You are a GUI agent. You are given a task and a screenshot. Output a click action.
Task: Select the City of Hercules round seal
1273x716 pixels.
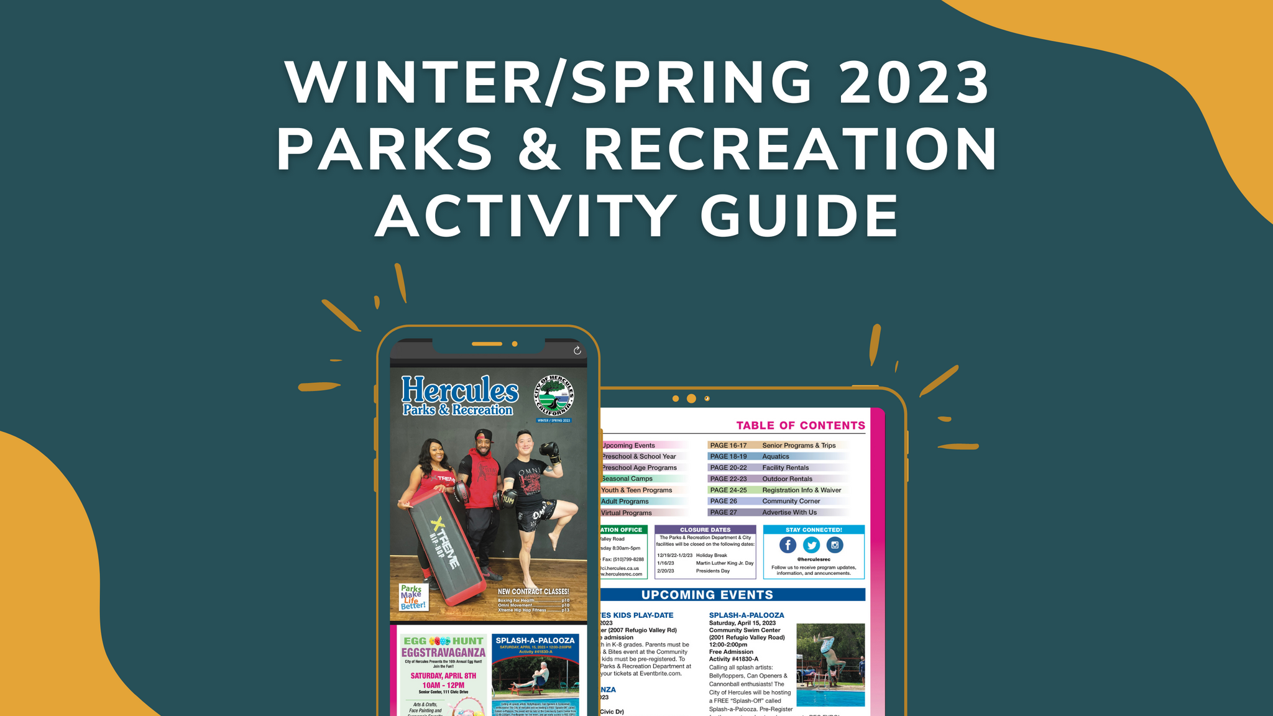tap(554, 396)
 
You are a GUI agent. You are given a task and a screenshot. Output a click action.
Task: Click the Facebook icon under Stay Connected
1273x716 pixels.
tap(788, 545)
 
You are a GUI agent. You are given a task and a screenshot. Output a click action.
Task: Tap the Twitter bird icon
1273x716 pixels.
tap(811, 545)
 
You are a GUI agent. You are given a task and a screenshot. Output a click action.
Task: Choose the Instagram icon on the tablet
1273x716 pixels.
tap(835, 545)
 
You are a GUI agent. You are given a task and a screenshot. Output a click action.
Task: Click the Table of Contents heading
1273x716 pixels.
tap(801, 426)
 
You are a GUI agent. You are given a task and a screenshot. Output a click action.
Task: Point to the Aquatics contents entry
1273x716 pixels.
tap(776, 456)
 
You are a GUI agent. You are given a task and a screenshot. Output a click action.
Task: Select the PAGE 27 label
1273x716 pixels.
tap(724, 512)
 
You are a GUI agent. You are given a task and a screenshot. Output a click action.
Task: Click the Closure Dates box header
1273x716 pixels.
tap(705, 530)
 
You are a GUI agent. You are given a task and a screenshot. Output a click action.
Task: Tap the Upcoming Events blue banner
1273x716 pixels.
tap(707, 595)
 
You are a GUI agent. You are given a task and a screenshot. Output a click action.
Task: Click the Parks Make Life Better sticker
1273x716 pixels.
tap(413, 597)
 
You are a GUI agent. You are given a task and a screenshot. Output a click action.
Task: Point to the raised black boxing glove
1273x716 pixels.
tap(549, 452)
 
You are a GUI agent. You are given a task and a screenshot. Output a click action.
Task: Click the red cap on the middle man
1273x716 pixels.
tap(483, 435)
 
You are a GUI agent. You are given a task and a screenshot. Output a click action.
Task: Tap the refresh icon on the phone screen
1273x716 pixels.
tap(577, 351)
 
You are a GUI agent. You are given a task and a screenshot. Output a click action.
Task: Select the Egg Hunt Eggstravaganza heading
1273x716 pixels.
tap(443, 646)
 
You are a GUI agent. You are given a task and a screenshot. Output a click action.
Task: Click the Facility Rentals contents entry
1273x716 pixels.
tap(786, 467)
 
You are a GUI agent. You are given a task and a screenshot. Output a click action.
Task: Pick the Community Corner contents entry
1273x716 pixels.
tap(791, 501)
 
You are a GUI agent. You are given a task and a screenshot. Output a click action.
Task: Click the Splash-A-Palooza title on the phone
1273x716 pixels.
tap(535, 640)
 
